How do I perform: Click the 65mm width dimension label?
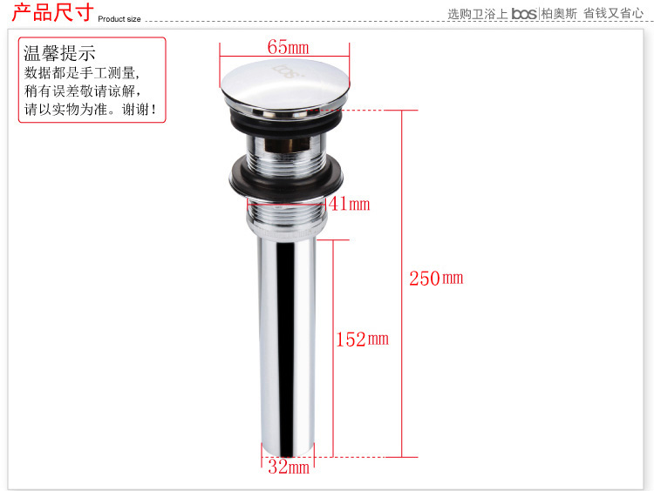[289, 47]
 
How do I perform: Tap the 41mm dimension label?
[349, 204]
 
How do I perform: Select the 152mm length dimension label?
[363, 339]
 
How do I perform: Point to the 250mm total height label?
[436, 279]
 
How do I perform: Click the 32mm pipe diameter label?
[289, 467]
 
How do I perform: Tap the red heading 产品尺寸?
[52, 11]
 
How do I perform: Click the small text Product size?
[119, 19]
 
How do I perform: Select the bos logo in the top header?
[524, 14]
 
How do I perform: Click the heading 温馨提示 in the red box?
[59, 53]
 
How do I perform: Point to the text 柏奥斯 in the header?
[559, 14]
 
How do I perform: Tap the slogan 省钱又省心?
[613, 13]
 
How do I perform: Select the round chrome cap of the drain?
[285, 86]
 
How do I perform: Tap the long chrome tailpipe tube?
[288, 346]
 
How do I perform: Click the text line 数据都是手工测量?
[81, 73]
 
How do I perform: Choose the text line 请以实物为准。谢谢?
[90, 109]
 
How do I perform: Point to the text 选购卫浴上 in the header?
[478, 14]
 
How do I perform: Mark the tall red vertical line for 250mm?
[402, 284]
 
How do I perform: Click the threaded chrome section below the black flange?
[287, 214]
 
